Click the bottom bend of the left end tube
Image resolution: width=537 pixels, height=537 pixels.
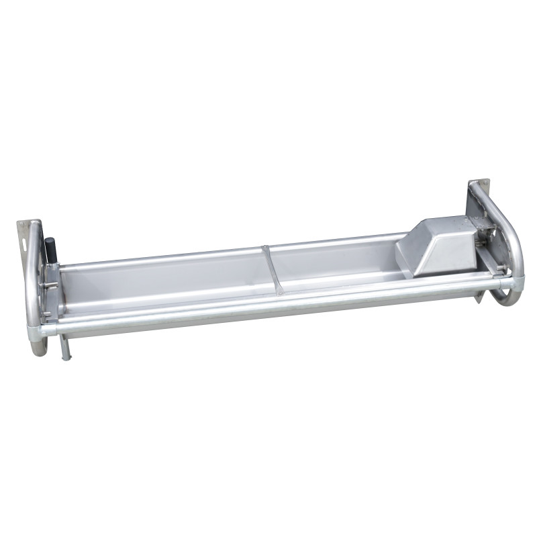(x=39, y=348)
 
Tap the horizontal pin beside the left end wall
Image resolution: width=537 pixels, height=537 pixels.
(x=48, y=285)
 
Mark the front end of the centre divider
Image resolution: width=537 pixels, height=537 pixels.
(x=281, y=292)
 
